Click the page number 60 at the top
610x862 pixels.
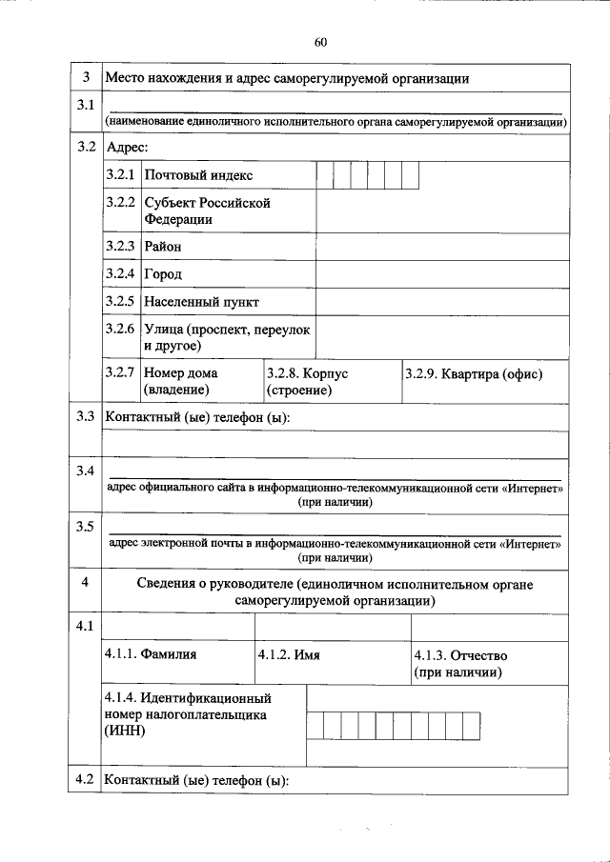[x=319, y=41]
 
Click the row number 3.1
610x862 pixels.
[x=85, y=104]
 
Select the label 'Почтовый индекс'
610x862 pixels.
[x=198, y=176]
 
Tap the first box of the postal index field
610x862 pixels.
[x=325, y=176]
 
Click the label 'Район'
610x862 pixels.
[x=162, y=247]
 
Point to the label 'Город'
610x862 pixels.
[x=162, y=274]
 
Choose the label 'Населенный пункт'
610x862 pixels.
[x=201, y=302]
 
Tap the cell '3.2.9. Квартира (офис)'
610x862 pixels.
[x=473, y=373]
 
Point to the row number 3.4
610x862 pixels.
[x=85, y=471]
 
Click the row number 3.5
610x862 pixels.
[x=85, y=526]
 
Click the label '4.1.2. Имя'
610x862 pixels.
[x=288, y=655]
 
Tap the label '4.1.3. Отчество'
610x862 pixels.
[x=460, y=655]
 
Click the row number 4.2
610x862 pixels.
[x=85, y=780]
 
